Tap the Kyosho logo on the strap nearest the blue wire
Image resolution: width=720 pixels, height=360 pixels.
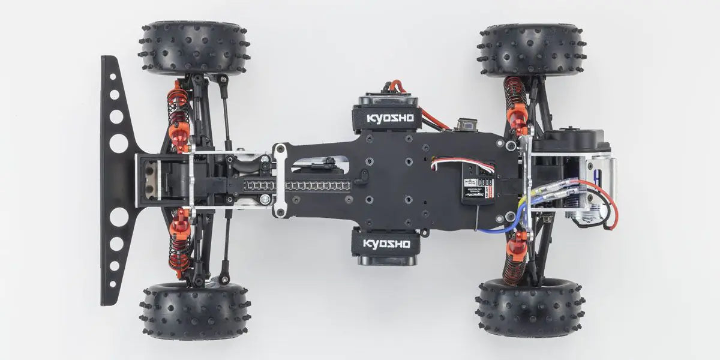point(386,244)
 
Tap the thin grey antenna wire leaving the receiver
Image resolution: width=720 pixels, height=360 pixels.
point(478,219)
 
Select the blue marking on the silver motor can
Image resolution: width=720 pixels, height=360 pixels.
point(600,175)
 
